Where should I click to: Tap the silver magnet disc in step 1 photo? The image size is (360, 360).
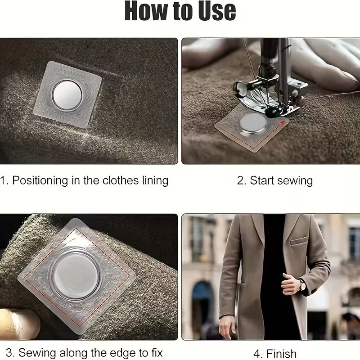click(x=67, y=95)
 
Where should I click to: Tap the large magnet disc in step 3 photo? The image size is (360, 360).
click(x=76, y=275)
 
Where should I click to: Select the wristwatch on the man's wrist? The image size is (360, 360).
click(x=302, y=285)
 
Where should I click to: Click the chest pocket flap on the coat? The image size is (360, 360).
click(x=298, y=240)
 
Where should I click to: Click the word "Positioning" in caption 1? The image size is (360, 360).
click(x=40, y=181)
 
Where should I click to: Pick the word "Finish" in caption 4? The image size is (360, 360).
click(x=282, y=354)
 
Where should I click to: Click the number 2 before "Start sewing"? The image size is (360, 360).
click(x=241, y=181)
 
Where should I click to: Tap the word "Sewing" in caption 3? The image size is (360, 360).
click(x=37, y=353)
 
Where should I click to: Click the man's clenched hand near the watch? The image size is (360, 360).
click(x=290, y=284)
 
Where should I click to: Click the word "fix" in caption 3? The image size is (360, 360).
click(x=157, y=352)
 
